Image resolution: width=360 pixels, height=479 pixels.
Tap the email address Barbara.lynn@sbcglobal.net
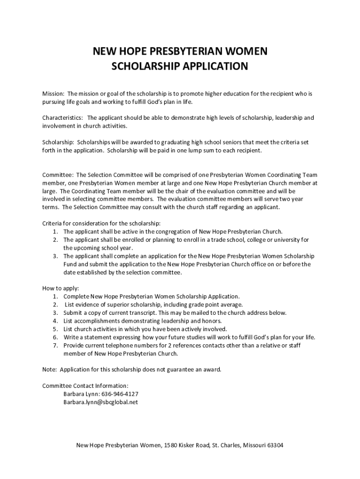[x=101, y=402]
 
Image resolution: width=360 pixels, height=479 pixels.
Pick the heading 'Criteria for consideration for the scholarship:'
[x=101, y=223]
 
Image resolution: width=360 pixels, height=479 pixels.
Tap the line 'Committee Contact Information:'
[x=85, y=386]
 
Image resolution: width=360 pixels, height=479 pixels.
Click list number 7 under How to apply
[x=55, y=345]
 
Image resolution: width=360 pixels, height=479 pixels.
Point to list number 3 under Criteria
[x=55, y=256]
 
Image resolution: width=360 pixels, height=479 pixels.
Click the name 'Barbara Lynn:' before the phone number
[x=80, y=394]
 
